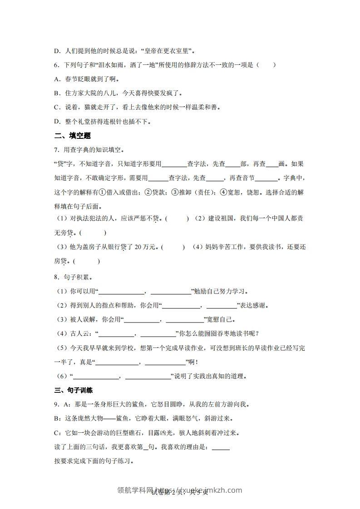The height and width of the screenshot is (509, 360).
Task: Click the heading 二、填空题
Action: point(73,135)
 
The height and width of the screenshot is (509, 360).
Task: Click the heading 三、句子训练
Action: point(73,390)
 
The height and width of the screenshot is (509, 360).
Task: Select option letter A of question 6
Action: point(56,79)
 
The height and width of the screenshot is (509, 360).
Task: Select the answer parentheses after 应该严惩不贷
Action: point(177,219)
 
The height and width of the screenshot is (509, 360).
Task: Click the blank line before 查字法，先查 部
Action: point(174,164)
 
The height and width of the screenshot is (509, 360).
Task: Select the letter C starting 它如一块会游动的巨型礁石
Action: point(56,432)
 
